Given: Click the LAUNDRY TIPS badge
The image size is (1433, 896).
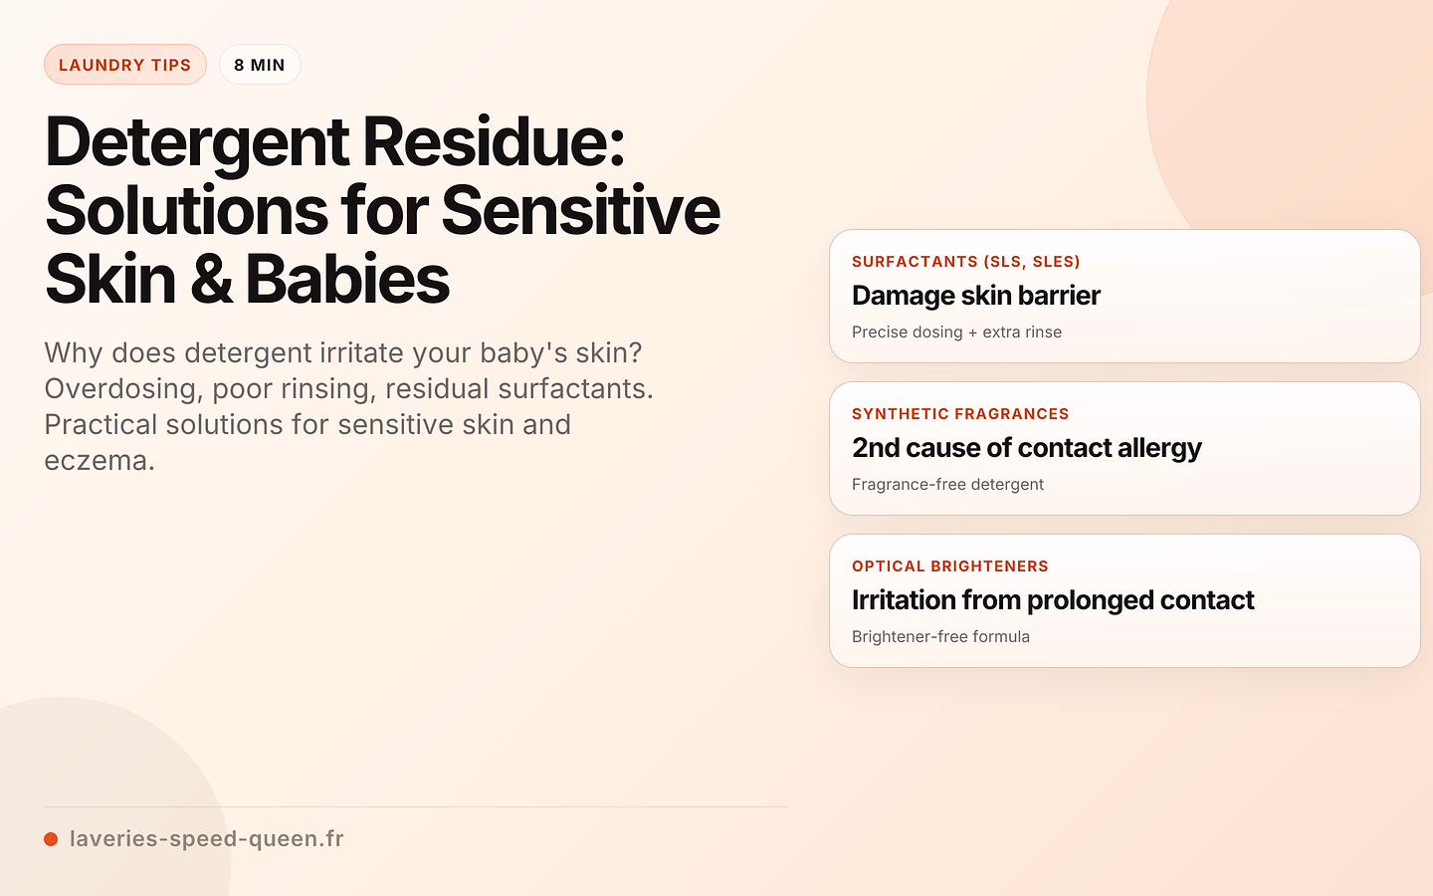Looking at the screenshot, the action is pos(124,65).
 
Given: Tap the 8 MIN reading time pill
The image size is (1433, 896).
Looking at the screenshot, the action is pos(260,65).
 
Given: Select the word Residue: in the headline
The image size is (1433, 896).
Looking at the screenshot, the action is pos(494,142).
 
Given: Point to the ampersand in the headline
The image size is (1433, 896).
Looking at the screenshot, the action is pos(211,279).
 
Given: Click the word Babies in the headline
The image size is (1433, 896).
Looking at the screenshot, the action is pos(347,279).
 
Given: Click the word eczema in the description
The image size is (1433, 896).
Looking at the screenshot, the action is pos(100,461).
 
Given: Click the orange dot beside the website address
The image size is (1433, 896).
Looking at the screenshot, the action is pos(51,839).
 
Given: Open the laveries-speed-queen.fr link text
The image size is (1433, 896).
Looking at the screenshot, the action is pos(207,839).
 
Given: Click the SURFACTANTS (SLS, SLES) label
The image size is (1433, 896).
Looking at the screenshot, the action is pos(966,262).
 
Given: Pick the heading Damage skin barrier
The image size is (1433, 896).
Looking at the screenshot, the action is pos(976,296).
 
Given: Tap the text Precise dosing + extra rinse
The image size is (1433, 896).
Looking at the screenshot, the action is pos(957,333).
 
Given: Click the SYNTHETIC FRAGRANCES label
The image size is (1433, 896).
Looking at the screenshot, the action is pos(960,414).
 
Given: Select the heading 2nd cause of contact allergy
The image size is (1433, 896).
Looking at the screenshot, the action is pos(1027,448).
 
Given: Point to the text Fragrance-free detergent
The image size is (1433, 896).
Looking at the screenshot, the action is pos(947,485).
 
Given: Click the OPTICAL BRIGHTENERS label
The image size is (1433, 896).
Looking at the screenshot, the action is pos(950,566).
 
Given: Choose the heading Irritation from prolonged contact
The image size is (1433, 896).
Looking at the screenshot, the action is pos(1053,600).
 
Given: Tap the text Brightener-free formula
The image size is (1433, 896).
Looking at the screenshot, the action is pos(941,637).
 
